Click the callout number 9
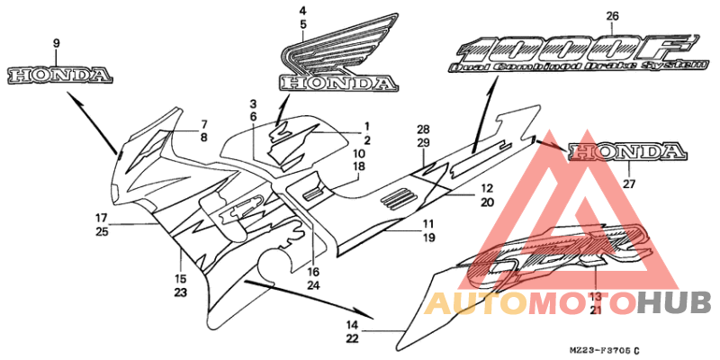click(x=56, y=43)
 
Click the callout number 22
click(x=353, y=338)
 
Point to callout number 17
click(x=102, y=218)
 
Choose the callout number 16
click(x=313, y=272)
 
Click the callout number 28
click(x=422, y=130)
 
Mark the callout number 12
click(x=487, y=189)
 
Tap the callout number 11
click(x=428, y=224)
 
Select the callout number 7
click(x=204, y=123)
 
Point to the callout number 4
click(x=302, y=12)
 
